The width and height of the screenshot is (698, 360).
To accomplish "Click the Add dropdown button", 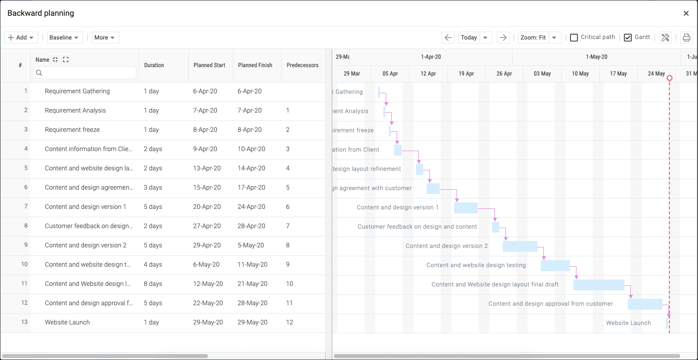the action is pos(21,38).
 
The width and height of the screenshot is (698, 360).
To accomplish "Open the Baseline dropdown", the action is pos(65,38).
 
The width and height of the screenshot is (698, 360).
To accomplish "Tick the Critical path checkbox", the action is pos(574,38).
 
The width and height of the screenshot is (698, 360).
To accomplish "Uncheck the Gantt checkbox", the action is pos(627,38).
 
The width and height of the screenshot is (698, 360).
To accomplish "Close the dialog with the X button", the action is pos(686,13).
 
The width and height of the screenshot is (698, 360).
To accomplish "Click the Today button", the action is pos(469,38).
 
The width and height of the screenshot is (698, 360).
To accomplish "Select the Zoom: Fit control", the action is pos(533,38).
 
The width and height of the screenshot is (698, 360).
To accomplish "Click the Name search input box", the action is pos(85,73).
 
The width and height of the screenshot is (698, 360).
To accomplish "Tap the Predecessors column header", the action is pos(302,65).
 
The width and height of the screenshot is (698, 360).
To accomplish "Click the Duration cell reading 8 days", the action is pos(153,283).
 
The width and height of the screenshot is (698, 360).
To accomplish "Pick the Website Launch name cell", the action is pos(67,322).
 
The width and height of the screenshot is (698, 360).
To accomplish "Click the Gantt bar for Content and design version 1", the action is pos(465,208).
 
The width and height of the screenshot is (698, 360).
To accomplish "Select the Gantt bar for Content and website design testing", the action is pos(555,266).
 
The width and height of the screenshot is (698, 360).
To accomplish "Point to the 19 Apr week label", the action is pos(466,74).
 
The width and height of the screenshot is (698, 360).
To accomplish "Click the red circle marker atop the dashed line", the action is pos(669,78).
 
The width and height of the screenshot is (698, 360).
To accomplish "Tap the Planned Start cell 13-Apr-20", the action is pos(206,168).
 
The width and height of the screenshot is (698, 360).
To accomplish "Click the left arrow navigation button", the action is pos(448,38).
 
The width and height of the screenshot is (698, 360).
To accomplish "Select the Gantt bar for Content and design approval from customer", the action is pos(645,304).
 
